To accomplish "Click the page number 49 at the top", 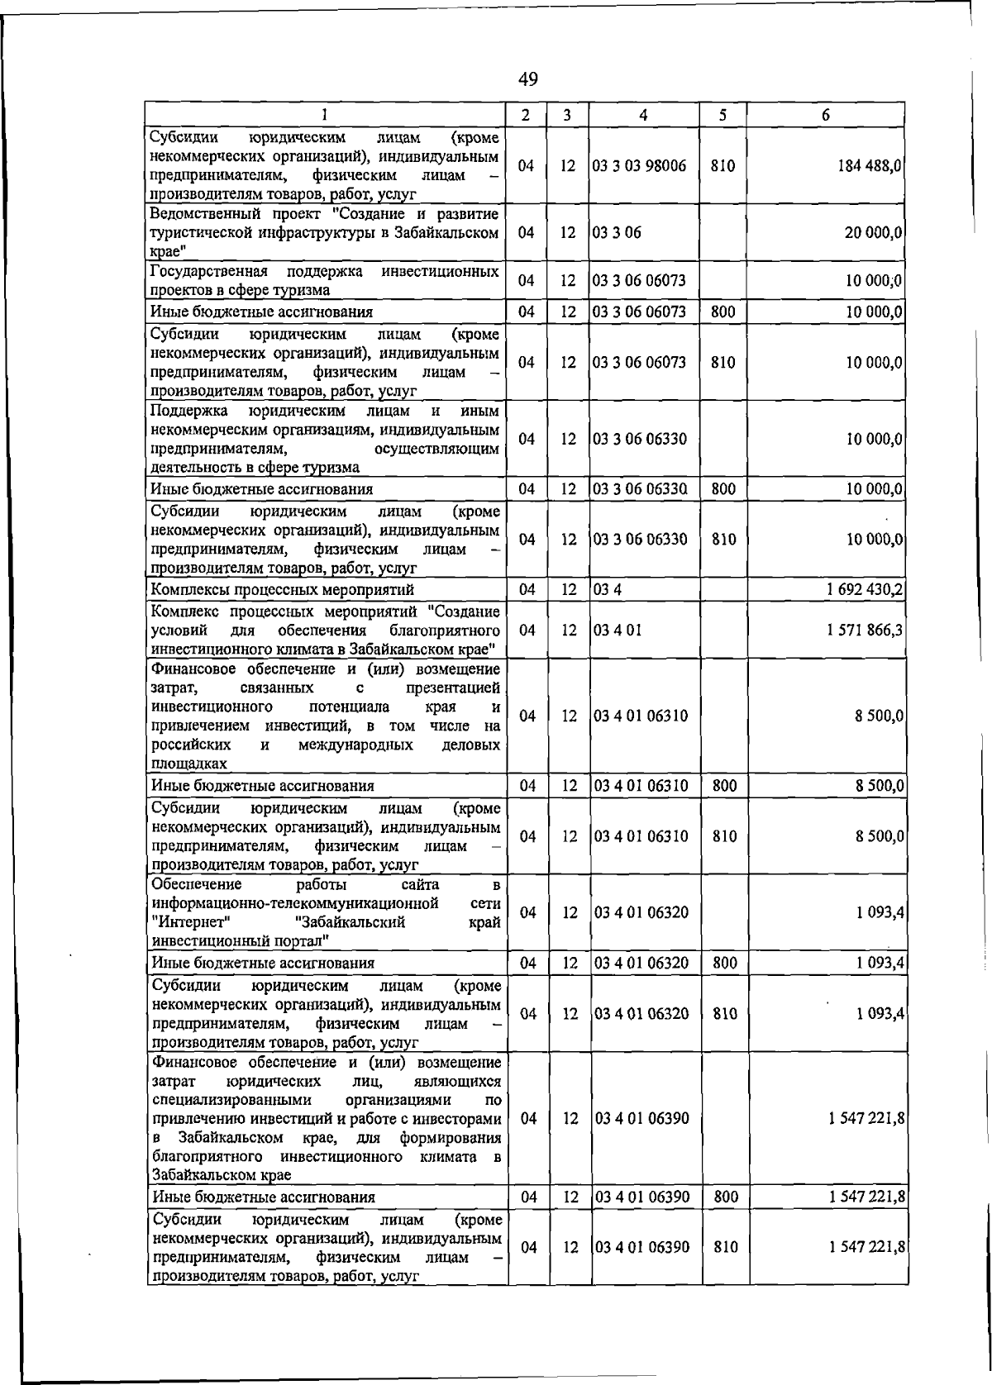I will click(527, 79).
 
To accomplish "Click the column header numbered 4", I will click(643, 116).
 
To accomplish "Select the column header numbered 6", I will click(825, 116).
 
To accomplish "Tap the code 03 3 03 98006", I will click(640, 166).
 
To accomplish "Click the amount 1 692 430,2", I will click(864, 590).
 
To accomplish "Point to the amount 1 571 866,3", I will click(864, 631).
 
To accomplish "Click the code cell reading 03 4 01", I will click(618, 631).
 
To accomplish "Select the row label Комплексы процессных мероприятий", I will click(282, 590).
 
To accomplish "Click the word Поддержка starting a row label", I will click(188, 411).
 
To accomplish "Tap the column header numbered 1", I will click(325, 116).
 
